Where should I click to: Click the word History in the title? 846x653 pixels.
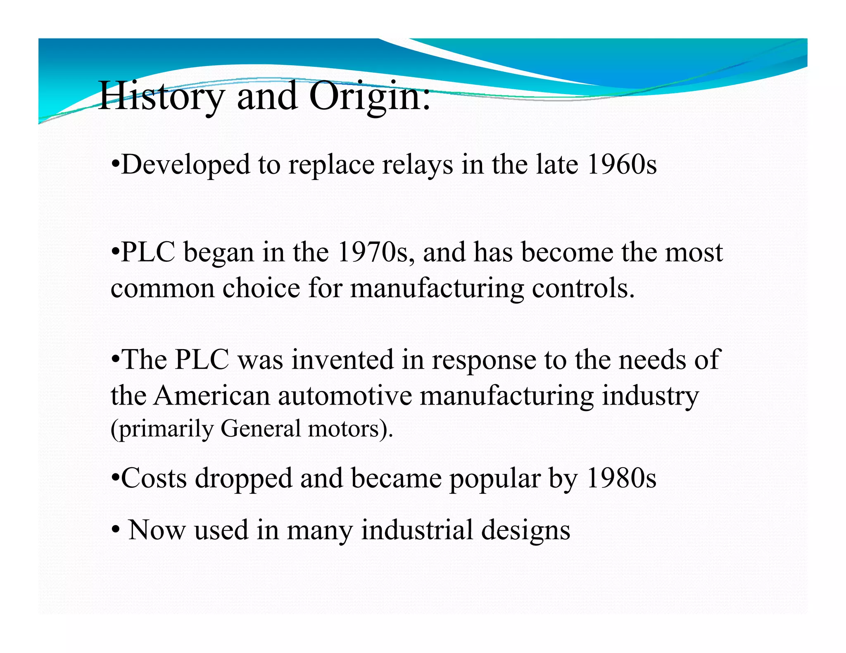click(162, 96)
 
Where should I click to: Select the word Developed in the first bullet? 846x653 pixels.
click(185, 165)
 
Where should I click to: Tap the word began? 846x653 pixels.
click(219, 252)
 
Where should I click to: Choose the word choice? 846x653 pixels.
click(261, 288)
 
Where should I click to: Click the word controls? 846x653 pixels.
click(582, 288)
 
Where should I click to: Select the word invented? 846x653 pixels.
click(342, 360)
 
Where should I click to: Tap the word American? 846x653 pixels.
click(212, 395)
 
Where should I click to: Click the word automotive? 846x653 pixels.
click(345, 395)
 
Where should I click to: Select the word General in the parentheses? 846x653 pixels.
click(261, 428)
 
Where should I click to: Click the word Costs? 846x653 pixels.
click(154, 478)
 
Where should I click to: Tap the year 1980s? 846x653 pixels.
click(621, 478)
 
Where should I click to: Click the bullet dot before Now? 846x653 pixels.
click(116, 529)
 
